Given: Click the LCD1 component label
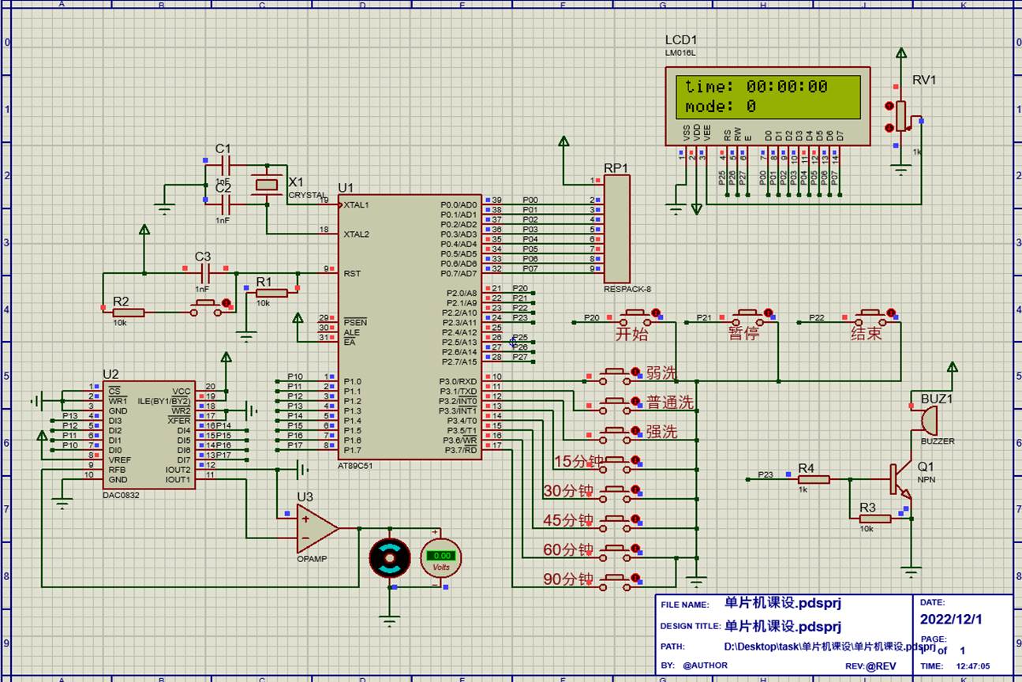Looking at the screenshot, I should (x=681, y=40).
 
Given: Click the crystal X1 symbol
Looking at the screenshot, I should (x=265, y=185).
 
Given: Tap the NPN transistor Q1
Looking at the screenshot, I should (x=899, y=479).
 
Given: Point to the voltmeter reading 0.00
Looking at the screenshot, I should (x=440, y=556).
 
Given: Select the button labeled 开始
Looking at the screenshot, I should (x=638, y=318).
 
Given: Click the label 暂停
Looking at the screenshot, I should (x=743, y=333).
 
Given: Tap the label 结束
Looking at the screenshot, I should (x=866, y=333).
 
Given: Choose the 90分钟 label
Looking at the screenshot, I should (x=567, y=579).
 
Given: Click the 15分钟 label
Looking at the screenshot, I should (x=567, y=462).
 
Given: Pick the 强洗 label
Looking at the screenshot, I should (x=661, y=432).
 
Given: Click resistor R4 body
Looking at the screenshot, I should (x=813, y=479).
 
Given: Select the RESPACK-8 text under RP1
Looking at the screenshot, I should (x=627, y=289).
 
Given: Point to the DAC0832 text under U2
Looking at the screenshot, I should (x=122, y=496).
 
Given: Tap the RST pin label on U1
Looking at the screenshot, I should (x=352, y=274).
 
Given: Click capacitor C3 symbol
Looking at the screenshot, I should (x=205, y=273).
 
